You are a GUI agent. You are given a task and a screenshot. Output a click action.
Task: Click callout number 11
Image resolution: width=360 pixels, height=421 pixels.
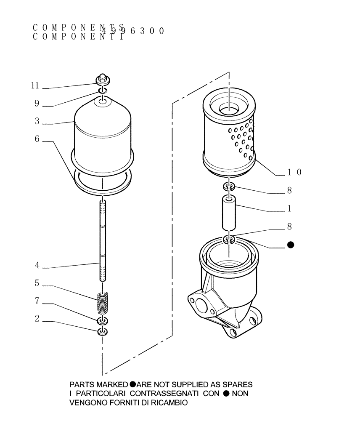35,86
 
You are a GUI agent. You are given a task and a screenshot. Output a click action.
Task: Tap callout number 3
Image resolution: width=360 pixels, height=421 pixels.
37,122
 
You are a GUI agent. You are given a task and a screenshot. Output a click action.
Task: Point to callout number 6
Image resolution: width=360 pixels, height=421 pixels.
37,139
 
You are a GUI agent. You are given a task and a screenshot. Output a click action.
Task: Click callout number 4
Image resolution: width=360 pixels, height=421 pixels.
37,266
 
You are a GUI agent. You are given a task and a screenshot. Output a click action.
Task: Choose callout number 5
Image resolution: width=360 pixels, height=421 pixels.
37,284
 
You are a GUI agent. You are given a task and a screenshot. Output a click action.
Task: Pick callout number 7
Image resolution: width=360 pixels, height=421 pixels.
37,301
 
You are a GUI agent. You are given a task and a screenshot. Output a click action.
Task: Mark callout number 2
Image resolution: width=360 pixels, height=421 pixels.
37,319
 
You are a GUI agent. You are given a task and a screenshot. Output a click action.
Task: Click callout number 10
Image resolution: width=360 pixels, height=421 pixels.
294,172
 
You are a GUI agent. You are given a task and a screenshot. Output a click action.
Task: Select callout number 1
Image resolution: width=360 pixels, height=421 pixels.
289,208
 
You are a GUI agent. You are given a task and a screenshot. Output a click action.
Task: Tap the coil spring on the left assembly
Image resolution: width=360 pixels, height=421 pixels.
102,303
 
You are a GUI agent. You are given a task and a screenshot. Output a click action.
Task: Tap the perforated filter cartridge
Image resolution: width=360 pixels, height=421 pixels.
229,135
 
